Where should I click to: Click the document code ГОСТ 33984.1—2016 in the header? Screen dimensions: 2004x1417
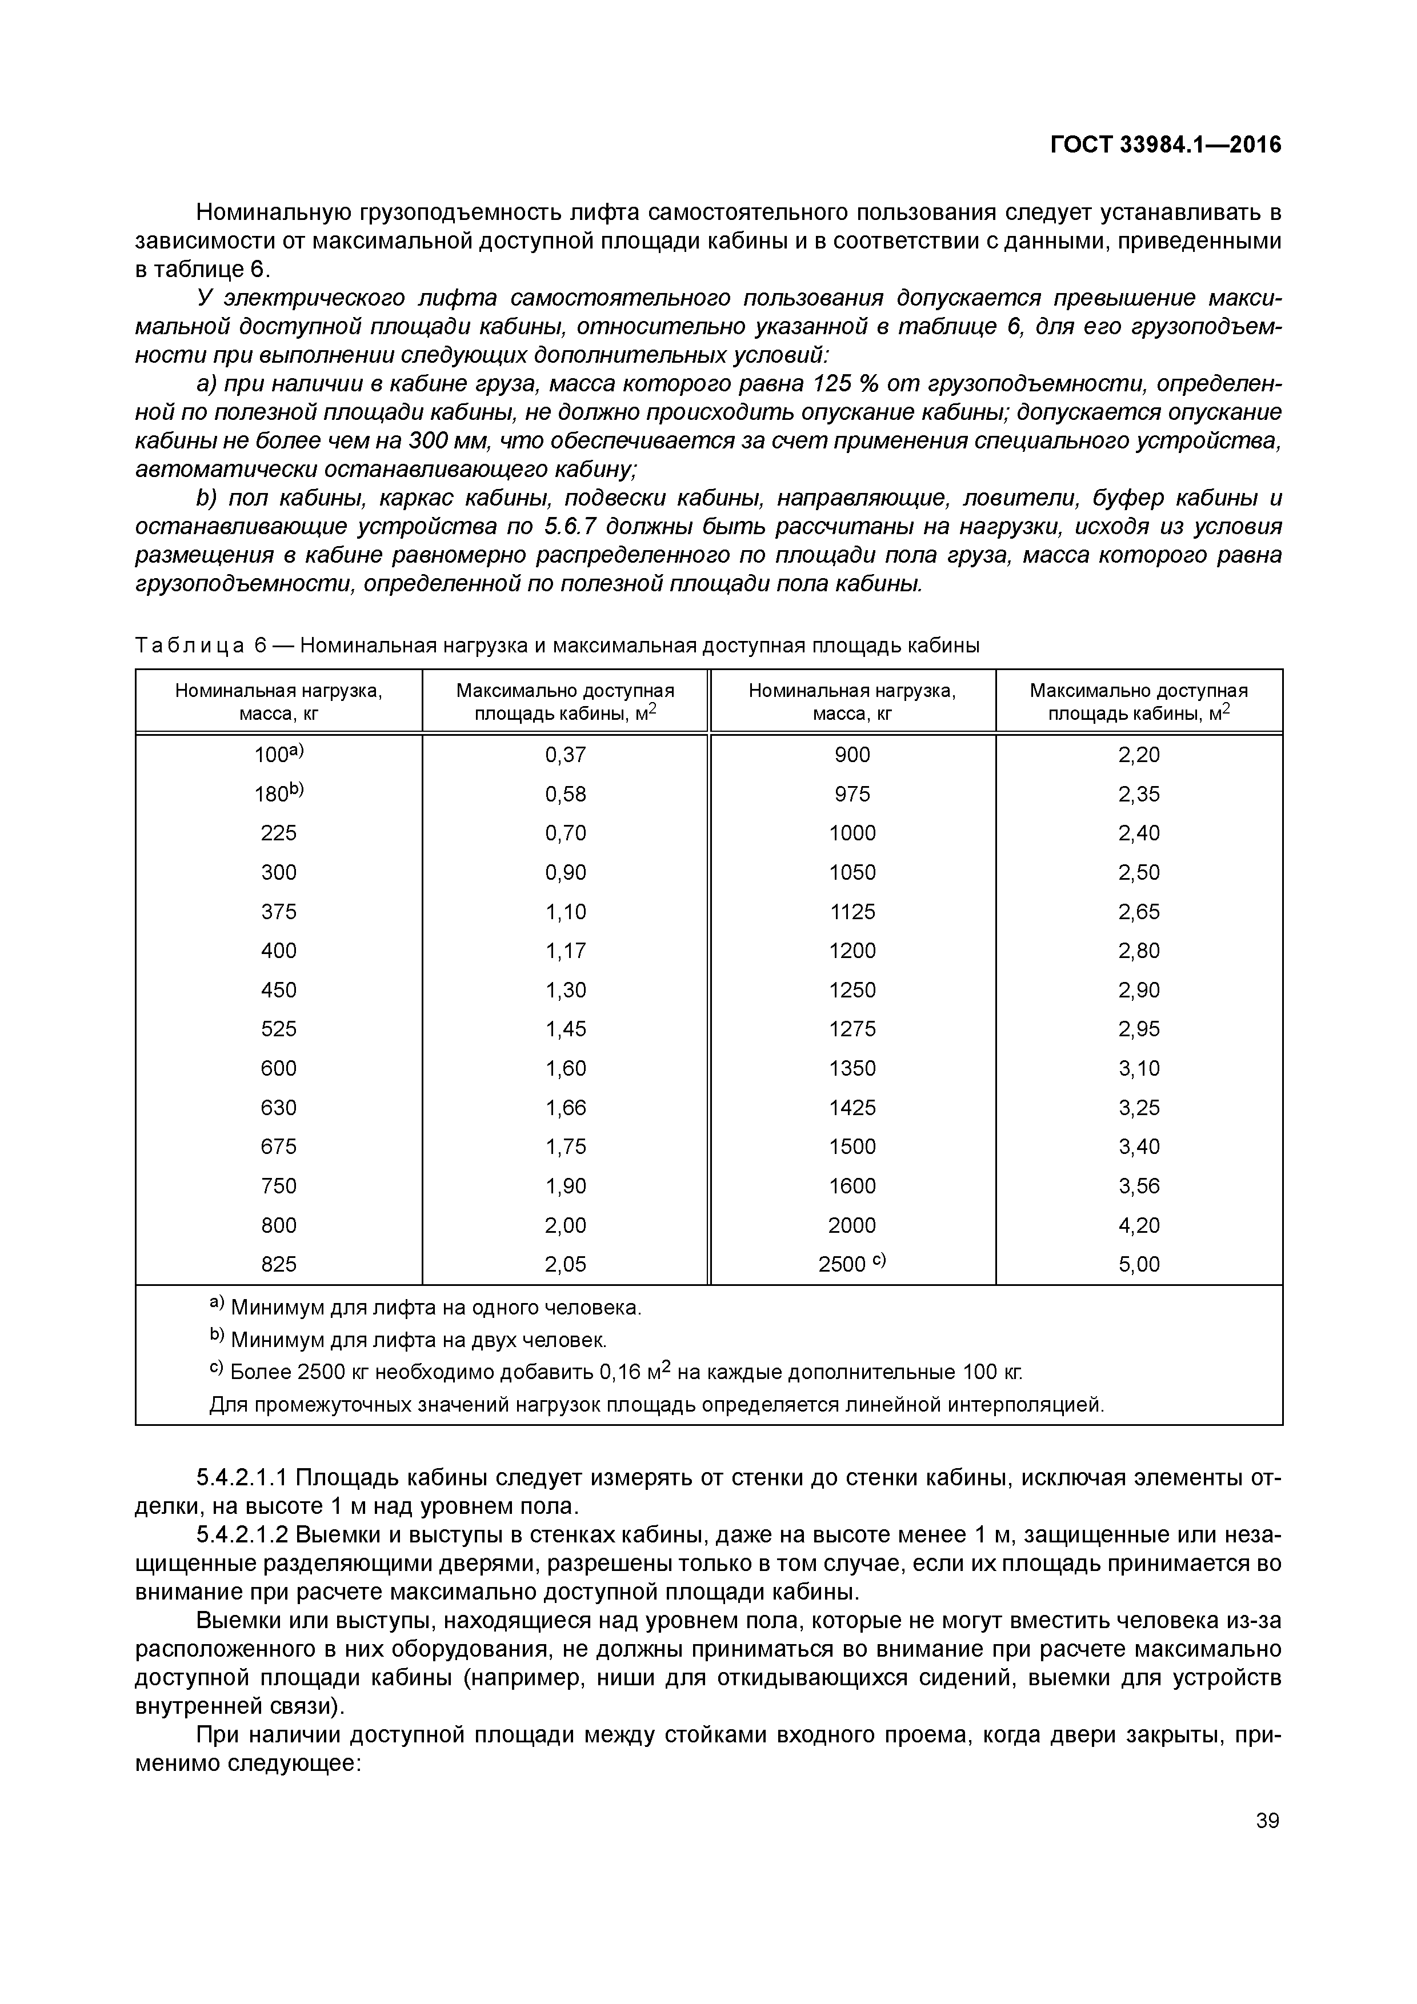[1166, 145]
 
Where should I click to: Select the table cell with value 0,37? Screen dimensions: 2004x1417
[565, 755]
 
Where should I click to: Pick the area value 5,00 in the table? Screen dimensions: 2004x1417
[1139, 1264]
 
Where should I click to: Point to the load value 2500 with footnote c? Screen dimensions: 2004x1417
[851, 1264]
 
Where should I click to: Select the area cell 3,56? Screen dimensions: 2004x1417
[1139, 1185]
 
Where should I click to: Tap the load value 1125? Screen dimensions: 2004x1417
[851, 911]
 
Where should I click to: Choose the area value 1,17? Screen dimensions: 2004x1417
[565, 951]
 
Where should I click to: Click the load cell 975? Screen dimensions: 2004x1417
[851, 794]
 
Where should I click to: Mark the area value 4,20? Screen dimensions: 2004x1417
[1139, 1225]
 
